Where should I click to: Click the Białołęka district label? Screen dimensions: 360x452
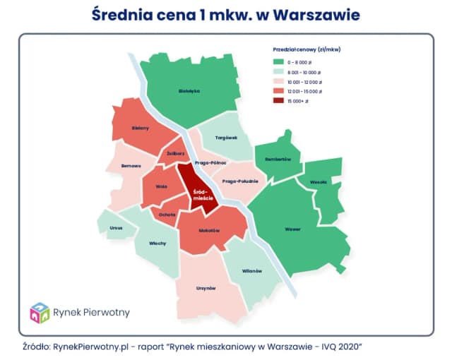pyautogui.click(x=190, y=90)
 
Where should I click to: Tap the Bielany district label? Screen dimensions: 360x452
pyautogui.click(x=140, y=128)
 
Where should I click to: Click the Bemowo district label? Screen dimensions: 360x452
pyautogui.click(x=132, y=166)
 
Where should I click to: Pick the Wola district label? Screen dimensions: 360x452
pyautogui.click(x=160, y=188)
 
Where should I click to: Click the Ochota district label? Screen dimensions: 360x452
pyautogui.click(x=167, y=214)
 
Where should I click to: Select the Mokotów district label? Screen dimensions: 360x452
pyautogui.click(x=210, y=231)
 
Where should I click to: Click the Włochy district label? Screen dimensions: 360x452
pyautogui.click(x=157, y=244)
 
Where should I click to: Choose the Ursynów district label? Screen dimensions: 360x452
pyautogui.click(x=206, y=288)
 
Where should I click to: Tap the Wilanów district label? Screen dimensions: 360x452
pyautogui.click(x=252, y=271)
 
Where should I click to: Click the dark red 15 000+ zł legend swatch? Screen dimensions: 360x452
pyautogui.click(x=279, y=102)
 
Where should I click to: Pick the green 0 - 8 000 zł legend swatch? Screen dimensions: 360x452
pyautogui.click(x=279, y=61)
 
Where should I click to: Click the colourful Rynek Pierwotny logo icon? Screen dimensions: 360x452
pyautogui.click(x=39, y=312)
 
